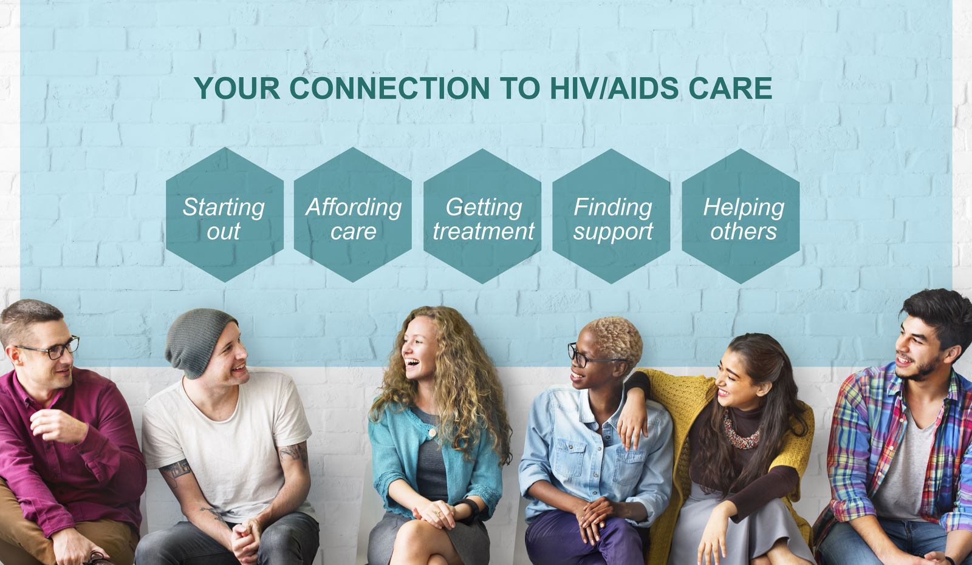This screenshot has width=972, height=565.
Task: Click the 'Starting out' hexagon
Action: point(225,215)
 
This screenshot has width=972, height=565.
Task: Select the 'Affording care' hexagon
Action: point(353,215)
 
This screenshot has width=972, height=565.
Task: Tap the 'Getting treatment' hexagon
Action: point(482,216)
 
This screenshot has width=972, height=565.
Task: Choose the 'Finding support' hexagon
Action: point(611,216)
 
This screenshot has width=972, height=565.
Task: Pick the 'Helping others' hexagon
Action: point(741,216)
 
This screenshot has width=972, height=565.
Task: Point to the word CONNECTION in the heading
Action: point(389,89)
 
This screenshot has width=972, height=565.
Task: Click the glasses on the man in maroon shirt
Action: point(52,348)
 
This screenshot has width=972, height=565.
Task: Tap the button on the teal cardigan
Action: point(432,432)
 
